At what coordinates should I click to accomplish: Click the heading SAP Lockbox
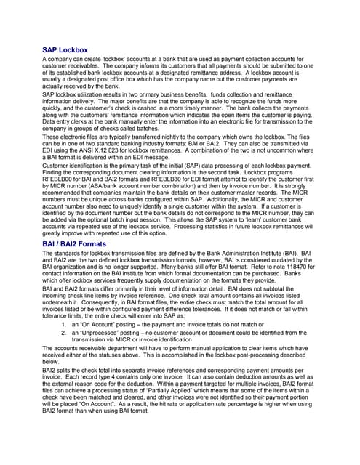click(x=65, y=50)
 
